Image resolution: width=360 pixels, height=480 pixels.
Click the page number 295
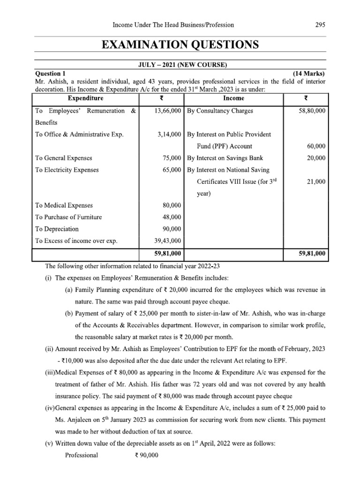(321, 25)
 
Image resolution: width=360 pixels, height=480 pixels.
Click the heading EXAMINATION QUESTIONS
(180, 45)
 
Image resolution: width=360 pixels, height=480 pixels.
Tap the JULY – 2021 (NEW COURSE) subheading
(180, 64)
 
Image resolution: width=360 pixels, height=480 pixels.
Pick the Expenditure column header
(86, 98)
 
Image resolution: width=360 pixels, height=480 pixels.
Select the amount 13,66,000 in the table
(167, 111)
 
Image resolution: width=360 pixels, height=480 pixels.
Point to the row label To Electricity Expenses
(67, 170)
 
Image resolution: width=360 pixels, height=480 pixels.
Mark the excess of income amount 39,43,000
(167, 241)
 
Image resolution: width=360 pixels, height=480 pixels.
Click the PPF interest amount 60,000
(316, 146)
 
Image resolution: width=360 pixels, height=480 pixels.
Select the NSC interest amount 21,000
(316, 181)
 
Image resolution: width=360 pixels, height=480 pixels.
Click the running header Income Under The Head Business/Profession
(171, 25)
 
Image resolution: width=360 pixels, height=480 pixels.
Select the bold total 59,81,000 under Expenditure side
(167, 254)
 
